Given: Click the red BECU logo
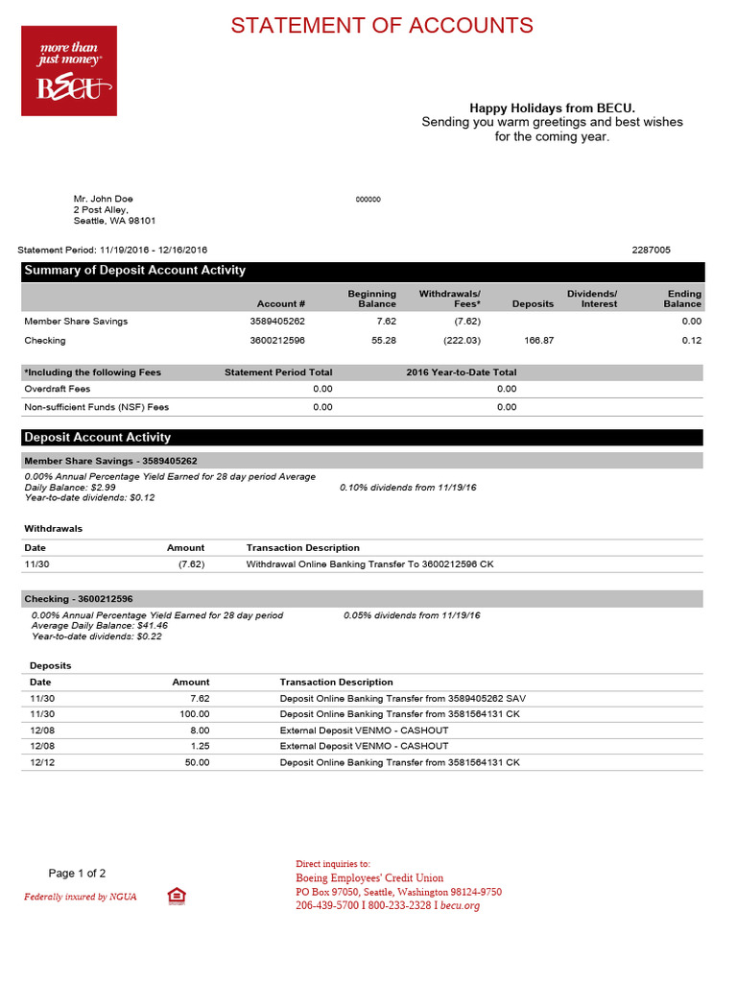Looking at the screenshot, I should (69, 71).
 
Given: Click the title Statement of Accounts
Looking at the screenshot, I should (382, 25).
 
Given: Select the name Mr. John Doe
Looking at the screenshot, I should (104, 199).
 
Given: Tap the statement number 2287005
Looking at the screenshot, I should (651, 250).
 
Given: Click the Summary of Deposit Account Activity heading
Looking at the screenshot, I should (134, 271).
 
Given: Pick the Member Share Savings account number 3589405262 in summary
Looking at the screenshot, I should (277, 322).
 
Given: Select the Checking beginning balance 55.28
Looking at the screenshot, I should (384, 340).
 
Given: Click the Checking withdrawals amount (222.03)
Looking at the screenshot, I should (462, 340).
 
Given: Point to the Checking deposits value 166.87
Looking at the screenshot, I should (537, 340).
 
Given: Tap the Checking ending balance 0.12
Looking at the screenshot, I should (692, 340).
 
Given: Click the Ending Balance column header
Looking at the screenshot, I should (683, 299).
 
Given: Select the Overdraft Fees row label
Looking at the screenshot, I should (57, 389).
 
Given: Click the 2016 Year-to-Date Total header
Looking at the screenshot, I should (462, 372).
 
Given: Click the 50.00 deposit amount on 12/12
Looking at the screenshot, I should (198, 762).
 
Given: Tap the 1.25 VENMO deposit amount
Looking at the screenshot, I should (200, 746).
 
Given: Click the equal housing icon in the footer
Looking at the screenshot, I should (176, 896).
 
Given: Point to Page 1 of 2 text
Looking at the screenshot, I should (77, 874).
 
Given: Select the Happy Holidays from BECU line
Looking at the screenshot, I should (552, 108).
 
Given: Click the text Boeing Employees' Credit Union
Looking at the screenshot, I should (369, 877).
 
